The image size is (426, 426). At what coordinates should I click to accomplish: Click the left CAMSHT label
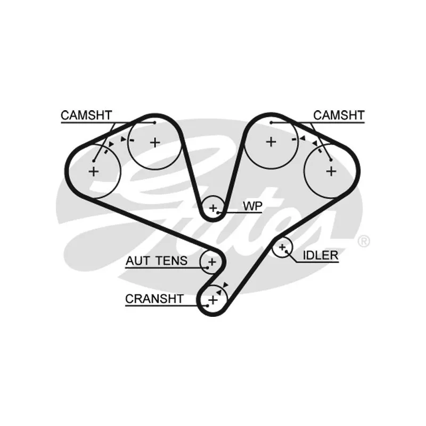pos(86,115)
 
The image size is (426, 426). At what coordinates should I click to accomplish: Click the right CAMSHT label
pos(339,115)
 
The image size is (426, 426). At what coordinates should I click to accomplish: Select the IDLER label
pos(321,255)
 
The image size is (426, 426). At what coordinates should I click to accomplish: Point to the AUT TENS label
pos(157,260)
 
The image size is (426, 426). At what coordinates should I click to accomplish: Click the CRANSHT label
pos(154,299)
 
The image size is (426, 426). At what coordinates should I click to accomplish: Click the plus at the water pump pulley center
pos(214,208)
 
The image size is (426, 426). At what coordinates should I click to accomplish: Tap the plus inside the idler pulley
pos(282,247)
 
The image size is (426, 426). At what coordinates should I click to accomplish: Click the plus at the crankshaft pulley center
pos(212,300)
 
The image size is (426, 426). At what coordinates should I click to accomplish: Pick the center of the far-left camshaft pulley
pos(94,171)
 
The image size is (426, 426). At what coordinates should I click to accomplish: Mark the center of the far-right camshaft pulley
pos(331,171)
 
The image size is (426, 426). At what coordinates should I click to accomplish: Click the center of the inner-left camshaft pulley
pos(154,142)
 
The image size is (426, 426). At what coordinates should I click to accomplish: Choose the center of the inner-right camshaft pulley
pos(271,142)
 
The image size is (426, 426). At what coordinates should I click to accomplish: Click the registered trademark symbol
pos(364,241)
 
